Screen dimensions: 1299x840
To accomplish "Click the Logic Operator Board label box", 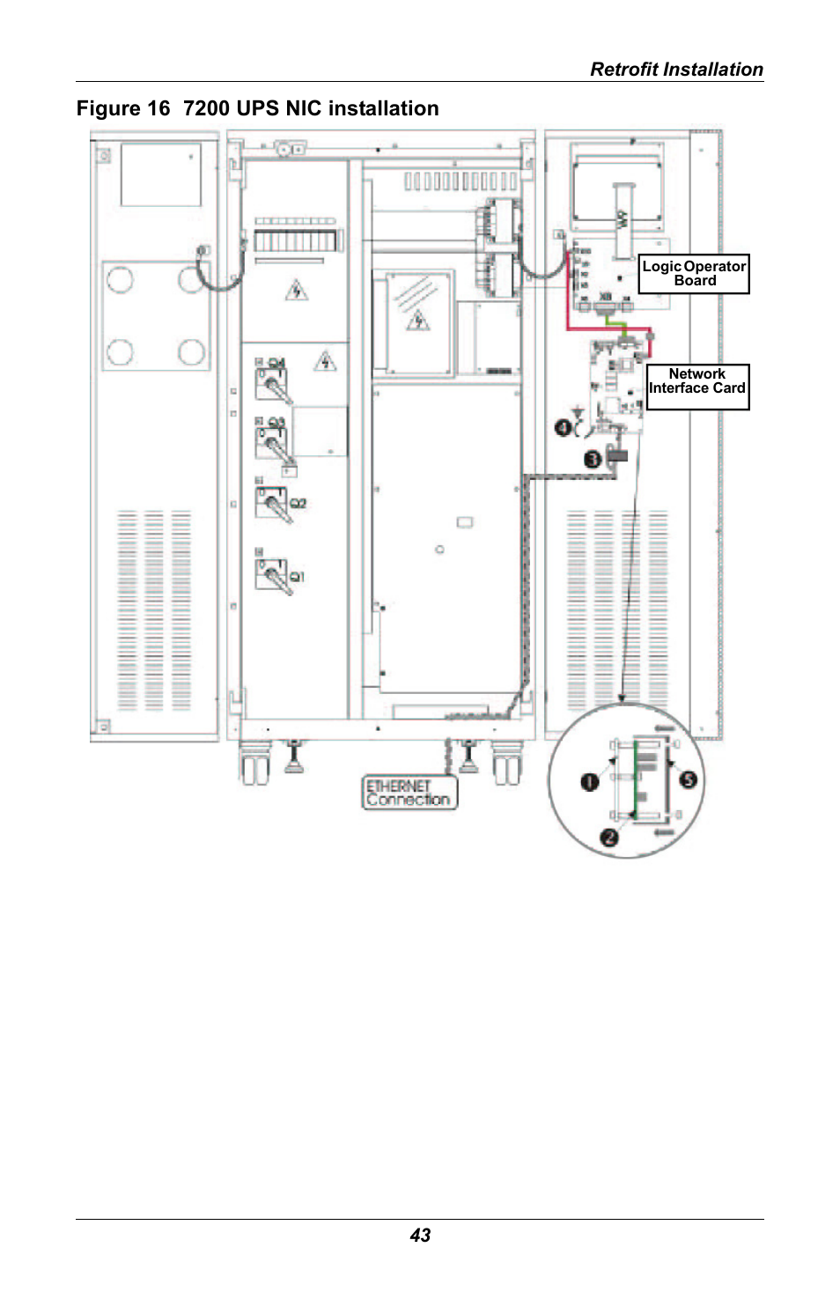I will [x=694, y=273].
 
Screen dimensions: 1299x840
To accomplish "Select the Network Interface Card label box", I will [x=697, y=387].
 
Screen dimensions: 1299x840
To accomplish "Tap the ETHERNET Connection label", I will [x=409, y=793].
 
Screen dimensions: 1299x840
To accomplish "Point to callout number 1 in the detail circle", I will [x=590, y=781].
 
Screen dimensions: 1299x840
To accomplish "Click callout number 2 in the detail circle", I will [x=609, y=837].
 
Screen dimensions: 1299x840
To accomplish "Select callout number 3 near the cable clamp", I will [x=593, y=459].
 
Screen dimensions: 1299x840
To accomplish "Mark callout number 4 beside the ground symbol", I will [x=563, y=427].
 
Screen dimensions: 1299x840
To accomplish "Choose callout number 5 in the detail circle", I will [x=689, y=779].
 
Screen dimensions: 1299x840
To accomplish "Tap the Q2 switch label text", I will [x=298, y=504].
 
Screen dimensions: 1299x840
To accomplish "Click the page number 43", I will [x=420, y=1235].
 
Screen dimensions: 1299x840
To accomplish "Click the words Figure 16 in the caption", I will [x=122, y=108].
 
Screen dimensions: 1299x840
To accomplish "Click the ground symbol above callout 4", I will [x=578, y=410].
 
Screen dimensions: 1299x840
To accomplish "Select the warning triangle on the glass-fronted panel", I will [x=418, y=320].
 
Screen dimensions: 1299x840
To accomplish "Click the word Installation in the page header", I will [x=713, y=70].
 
